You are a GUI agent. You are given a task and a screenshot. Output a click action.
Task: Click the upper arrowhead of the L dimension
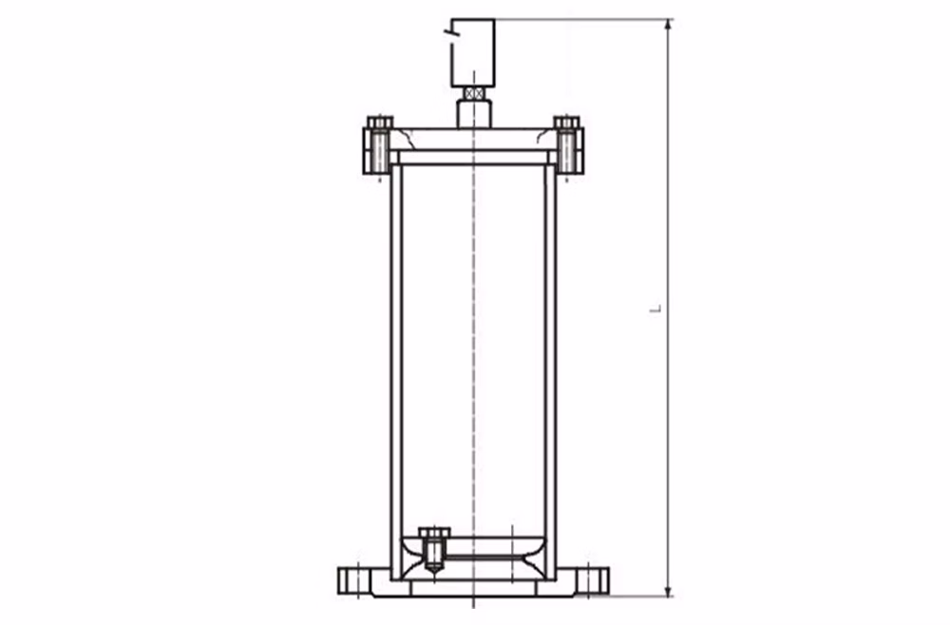pyautogui.click(x=668, y=25)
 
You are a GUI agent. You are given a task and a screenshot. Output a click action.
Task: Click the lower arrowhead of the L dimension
pyautogui.click(x=668, y=591)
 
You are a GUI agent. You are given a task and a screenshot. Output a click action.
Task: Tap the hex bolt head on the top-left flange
pyautogui.click(x=380, y=123)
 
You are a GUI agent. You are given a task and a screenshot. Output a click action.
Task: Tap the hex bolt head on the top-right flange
pyautogui.click(x=566, y=123)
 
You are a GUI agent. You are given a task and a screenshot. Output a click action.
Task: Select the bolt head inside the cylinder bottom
pyautogui.click(x=434, y=532)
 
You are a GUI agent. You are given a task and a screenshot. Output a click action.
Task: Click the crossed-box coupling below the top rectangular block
pyautogui.click(x=474, y=94)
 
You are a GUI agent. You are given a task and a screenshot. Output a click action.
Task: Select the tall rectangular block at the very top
pyautogui.click(x=473, y=52)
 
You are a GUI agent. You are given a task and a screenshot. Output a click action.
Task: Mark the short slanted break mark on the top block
pyautogui.click(x=449, y=28)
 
